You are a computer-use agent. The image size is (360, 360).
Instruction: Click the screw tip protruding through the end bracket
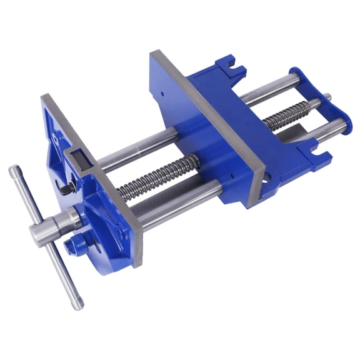tap(326, 97)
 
